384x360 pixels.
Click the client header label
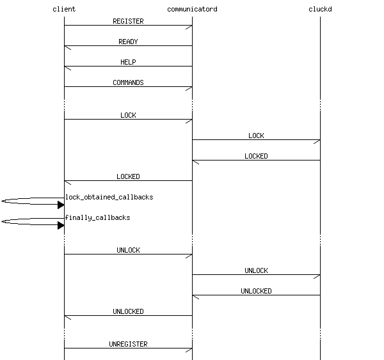click(64, 9)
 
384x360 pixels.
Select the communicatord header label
click(192, 9)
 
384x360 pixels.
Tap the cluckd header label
click(320, 9)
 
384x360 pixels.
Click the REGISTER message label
click(128, 21)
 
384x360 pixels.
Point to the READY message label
click(128, 42)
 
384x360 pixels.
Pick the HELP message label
click(128, 62)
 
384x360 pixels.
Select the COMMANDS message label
click(128, 82)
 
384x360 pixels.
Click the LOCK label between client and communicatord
click(128, 115)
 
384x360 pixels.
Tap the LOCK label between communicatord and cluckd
click(256, 136)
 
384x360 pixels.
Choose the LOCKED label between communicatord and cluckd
click(256, 156)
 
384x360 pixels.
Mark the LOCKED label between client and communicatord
click(128, 176)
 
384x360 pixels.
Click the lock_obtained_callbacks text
click(109, 197)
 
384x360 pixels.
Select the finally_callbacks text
click(98, 217)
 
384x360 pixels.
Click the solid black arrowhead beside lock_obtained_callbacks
click(61, 205)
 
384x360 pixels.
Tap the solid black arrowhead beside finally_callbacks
click(61, 226)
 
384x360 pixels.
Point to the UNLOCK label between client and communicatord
click(128, 250)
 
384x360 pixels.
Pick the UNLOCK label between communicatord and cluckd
click(256, 270)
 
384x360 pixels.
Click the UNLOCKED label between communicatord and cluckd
click(256, 291)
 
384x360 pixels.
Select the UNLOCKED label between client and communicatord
click(128, 311)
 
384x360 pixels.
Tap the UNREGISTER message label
click(128, 344)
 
